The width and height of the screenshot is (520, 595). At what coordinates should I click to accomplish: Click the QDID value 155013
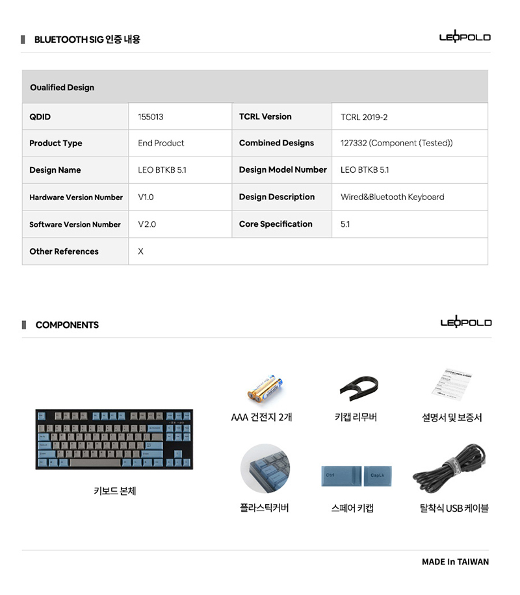[151, 117]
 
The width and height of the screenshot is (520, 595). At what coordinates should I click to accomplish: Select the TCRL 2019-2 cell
[364, 117]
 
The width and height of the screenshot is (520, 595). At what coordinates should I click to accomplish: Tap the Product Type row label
[56, 144]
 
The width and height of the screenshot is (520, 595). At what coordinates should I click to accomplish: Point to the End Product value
[161, 143]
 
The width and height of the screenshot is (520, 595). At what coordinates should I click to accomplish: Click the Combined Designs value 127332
[396, 143]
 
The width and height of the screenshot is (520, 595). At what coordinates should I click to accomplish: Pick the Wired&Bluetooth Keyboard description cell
[392, 197]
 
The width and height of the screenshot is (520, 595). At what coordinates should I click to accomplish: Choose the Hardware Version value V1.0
[146, 197]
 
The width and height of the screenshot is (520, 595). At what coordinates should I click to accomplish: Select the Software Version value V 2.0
[147, 224]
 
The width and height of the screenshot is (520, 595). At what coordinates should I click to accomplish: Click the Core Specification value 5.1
[345, 224]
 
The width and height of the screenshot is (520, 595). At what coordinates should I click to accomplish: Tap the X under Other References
[140, 251]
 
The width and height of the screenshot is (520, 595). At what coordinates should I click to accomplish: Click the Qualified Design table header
[62, 88]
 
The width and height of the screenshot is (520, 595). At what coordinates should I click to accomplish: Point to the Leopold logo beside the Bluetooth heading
[465, 37]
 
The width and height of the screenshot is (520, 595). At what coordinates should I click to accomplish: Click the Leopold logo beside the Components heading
[465, 322]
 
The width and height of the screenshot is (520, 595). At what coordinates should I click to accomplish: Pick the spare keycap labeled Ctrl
[340, 476]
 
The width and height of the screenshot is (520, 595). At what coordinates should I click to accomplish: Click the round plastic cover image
[265, 468]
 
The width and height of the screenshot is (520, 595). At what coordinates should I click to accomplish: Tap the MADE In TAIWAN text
[455, 562]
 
